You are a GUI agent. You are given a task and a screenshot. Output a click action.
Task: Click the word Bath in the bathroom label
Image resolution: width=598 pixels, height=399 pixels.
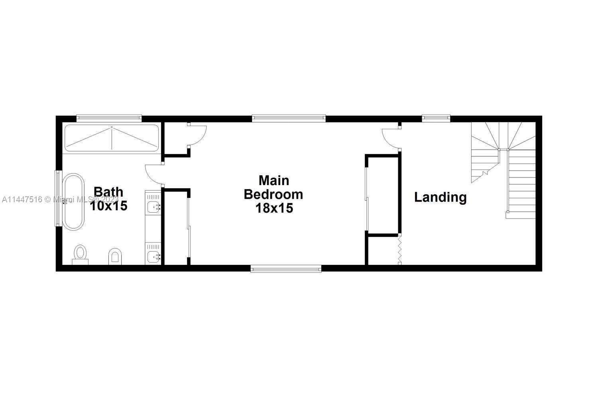click(108, 192)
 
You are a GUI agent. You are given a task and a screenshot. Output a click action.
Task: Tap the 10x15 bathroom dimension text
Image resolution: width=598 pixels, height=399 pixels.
click(108, 206)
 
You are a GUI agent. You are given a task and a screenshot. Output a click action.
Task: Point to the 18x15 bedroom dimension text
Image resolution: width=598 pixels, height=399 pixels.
click(274, 208)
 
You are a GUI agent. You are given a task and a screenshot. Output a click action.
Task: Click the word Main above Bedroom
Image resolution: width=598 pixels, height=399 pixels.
click(274, 180)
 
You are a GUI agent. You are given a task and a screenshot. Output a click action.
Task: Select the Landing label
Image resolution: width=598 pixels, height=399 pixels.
click(440, 197)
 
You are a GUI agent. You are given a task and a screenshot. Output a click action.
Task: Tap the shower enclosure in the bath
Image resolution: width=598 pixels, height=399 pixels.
click(112, 138)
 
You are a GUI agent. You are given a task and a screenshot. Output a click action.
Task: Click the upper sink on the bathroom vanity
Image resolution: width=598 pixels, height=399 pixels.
click(153, 207)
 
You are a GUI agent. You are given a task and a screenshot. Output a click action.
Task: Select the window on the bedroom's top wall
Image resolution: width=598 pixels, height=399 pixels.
click(289, 118)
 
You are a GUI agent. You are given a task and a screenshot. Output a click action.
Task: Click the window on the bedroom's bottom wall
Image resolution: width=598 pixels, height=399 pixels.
click(286, 269)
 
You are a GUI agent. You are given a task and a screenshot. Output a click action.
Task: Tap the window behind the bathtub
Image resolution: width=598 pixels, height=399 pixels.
click(58, 198)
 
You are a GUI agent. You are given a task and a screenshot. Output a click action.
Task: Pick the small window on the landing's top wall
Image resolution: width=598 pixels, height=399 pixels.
click(436, 118)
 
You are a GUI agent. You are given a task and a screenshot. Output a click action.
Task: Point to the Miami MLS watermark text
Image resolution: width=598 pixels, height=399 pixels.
click(60, 199)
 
